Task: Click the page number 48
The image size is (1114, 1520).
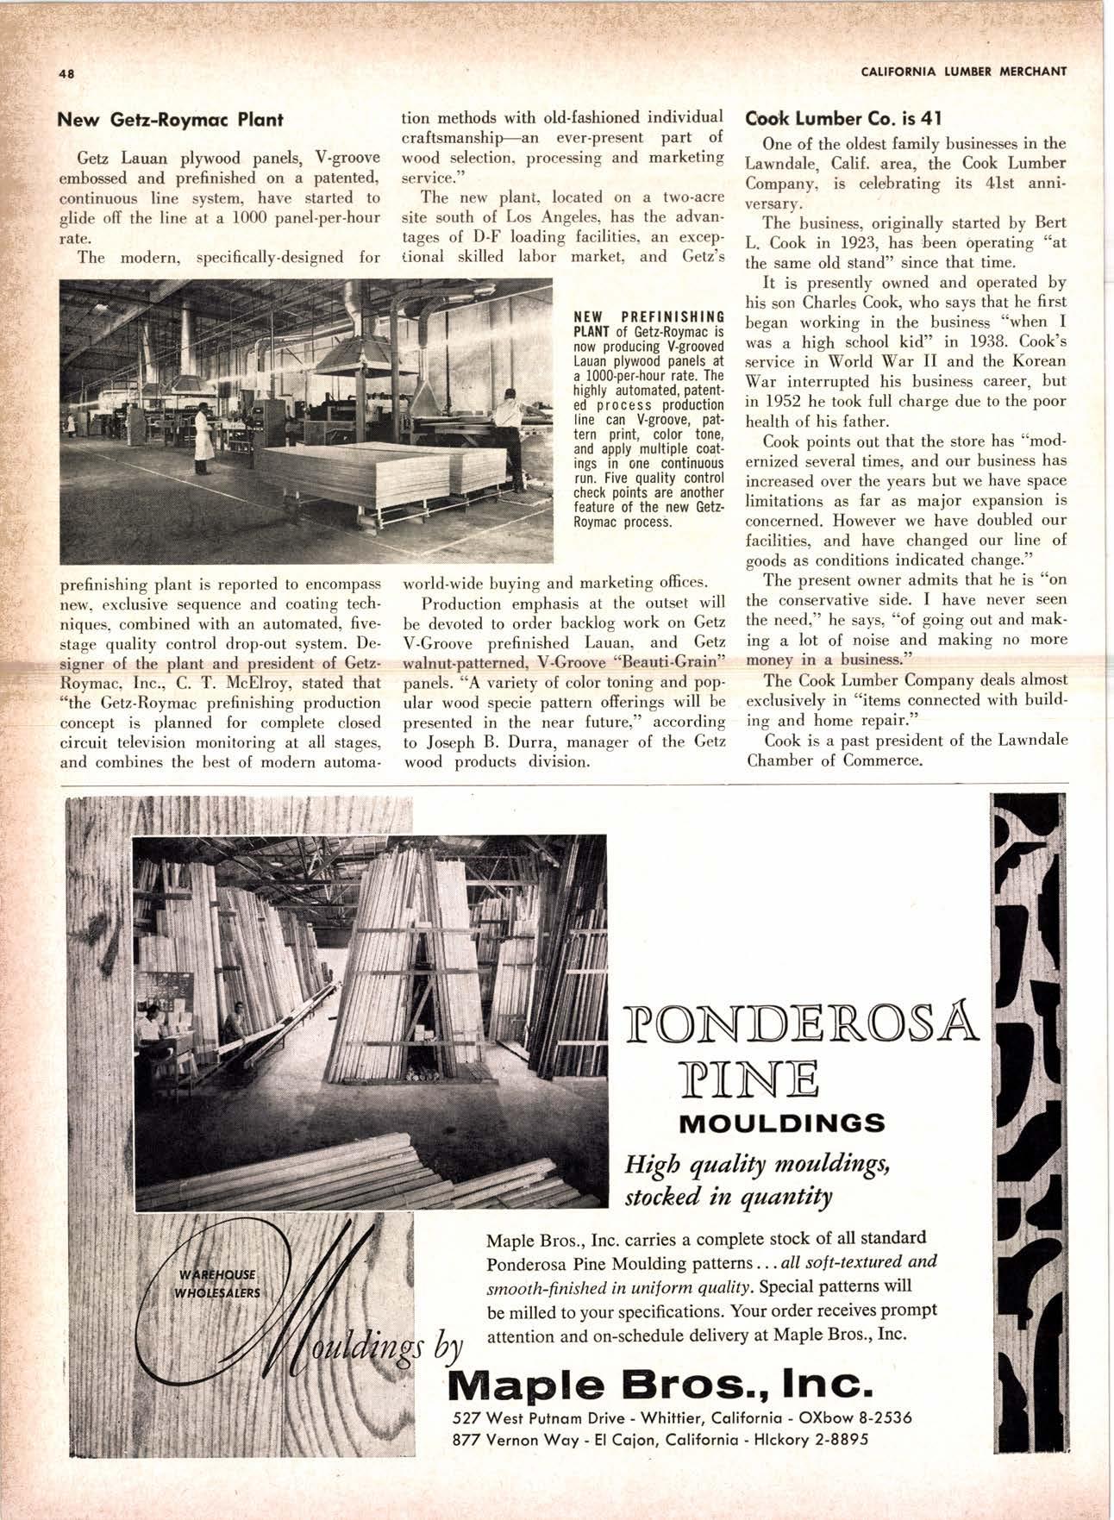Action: click(65, 73)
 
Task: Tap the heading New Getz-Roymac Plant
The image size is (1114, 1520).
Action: click(170, 120)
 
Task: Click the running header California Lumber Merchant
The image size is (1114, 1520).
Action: click(964, 71)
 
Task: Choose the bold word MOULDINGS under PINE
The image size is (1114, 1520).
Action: click(782, 1123)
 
